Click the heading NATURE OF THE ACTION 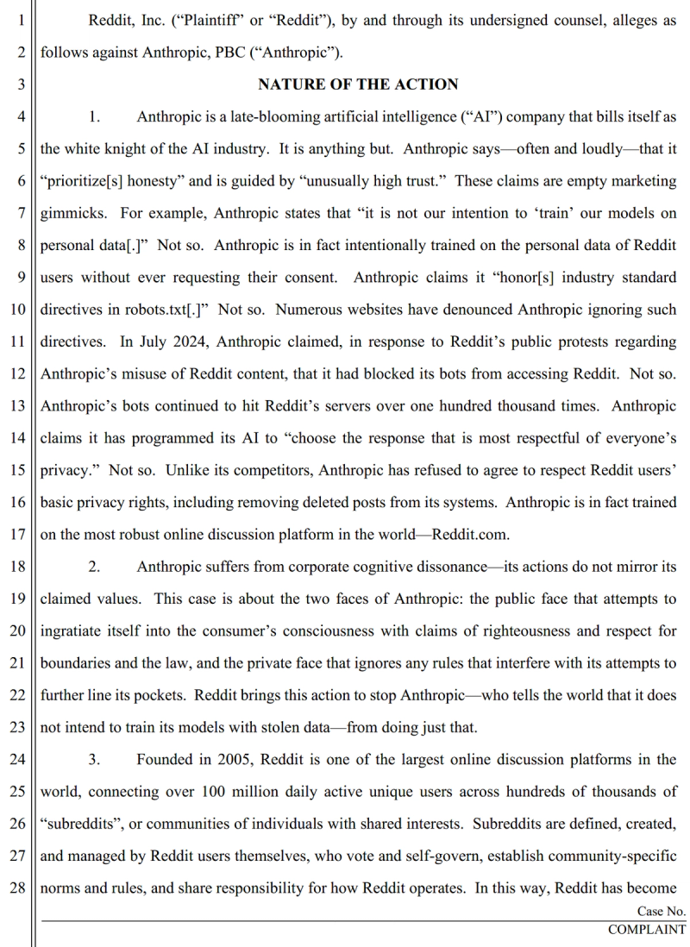point(358,85)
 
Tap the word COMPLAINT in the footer point(647,930)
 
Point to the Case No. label point(662,911)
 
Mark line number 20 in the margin point(19,631)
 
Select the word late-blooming point(285,116)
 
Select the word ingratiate point(75,631)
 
